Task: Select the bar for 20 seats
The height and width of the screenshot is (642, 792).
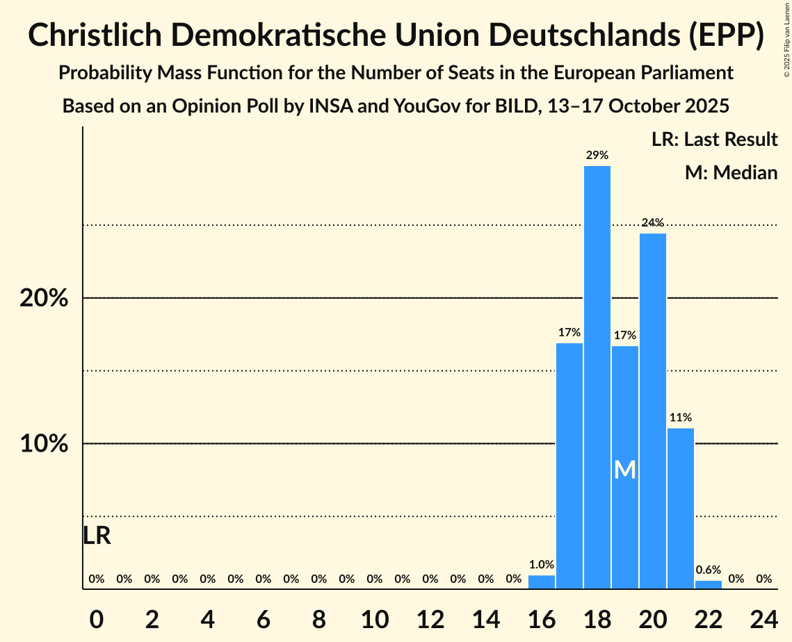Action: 652,411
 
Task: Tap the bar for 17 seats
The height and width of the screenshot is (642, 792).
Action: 569,466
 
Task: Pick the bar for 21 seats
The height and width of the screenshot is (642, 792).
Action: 680,508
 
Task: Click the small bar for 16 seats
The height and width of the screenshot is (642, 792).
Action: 541,582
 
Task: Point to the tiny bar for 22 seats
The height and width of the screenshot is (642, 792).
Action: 708,585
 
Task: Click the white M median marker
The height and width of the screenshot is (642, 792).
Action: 624,470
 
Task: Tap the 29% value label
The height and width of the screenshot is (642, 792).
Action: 597,155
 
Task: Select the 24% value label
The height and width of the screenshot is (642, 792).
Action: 652,223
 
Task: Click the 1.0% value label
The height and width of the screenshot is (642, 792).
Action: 541,565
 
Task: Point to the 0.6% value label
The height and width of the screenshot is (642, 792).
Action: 708,570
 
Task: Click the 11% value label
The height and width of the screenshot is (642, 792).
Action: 680,418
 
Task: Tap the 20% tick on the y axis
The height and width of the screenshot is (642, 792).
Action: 43,298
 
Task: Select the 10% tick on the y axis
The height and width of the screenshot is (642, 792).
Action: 43,444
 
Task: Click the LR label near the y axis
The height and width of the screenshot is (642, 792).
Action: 97,536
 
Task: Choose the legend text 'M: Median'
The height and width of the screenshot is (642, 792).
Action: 731,172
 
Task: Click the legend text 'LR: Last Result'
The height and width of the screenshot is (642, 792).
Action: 714,140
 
